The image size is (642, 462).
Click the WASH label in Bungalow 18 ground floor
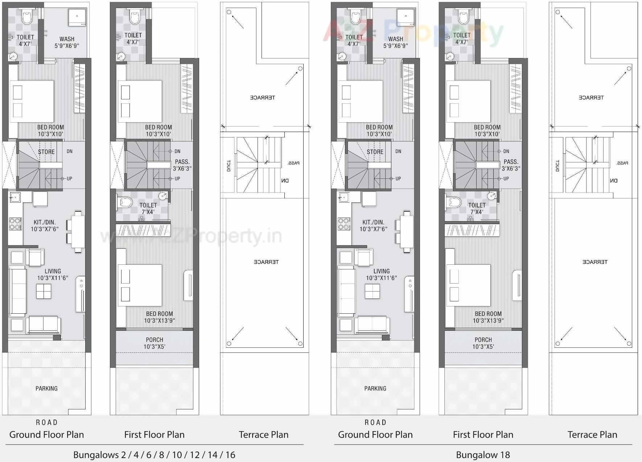395,39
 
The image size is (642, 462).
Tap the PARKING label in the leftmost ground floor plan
46,388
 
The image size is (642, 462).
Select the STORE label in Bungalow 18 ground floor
375,152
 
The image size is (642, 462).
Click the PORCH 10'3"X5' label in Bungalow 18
483,343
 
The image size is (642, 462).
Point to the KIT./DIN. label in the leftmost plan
45,222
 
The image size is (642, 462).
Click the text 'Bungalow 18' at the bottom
483,455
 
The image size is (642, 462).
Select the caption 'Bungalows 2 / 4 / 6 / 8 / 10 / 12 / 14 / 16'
154,455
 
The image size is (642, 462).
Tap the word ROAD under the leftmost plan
46,422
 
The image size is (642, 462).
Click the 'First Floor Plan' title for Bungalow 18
483,434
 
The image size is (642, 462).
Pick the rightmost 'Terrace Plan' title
592,434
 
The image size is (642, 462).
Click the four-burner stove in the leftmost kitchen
15,224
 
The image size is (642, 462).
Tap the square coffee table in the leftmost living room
44,291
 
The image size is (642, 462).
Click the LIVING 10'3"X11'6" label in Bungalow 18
381,275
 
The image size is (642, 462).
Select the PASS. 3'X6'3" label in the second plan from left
182,165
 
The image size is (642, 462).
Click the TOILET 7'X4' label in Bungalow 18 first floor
477,209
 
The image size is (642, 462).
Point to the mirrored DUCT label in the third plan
229,165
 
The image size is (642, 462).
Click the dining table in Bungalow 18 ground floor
407,231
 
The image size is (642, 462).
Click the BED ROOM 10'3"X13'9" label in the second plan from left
159,317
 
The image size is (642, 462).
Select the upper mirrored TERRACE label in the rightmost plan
591,98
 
